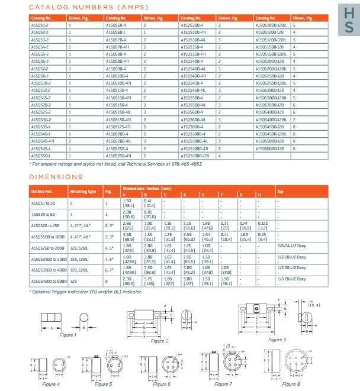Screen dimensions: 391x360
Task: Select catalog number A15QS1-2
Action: (40, 25)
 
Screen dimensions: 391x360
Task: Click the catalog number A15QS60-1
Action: (114, 33)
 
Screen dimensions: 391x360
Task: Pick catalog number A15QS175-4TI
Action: (118, 127)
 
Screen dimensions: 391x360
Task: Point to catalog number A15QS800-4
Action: (191, 127)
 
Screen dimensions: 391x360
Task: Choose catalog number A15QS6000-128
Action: (269, 148)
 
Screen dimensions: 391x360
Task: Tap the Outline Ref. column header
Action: (41, 191)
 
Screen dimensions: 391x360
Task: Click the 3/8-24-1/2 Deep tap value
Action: (291, 248)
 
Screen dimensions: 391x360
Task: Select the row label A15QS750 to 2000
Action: (47, 248)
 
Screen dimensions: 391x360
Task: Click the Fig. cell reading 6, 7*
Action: (109, 270)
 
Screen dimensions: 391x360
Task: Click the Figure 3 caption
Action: (277, 339)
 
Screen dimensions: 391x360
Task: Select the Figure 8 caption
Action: (291, 384)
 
